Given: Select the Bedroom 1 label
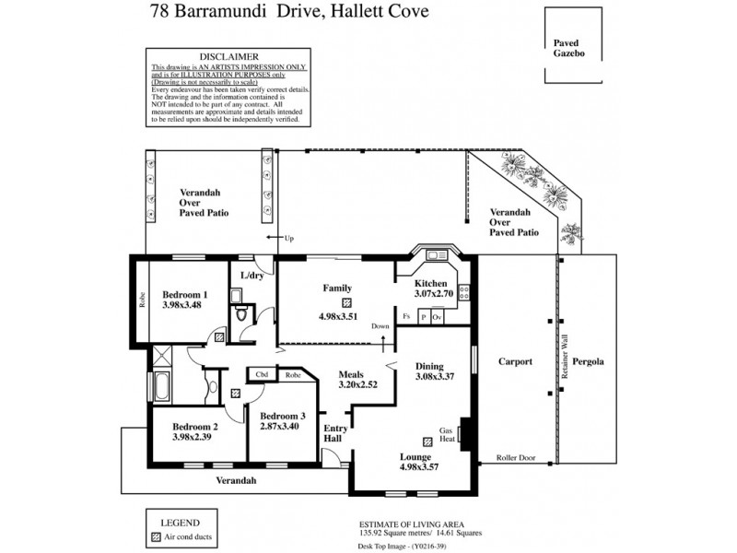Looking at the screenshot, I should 178,295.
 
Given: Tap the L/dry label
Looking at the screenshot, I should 252,276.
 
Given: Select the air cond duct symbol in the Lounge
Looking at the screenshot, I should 427,441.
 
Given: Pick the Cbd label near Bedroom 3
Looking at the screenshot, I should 262,375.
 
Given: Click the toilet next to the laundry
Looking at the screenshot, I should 241,316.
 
